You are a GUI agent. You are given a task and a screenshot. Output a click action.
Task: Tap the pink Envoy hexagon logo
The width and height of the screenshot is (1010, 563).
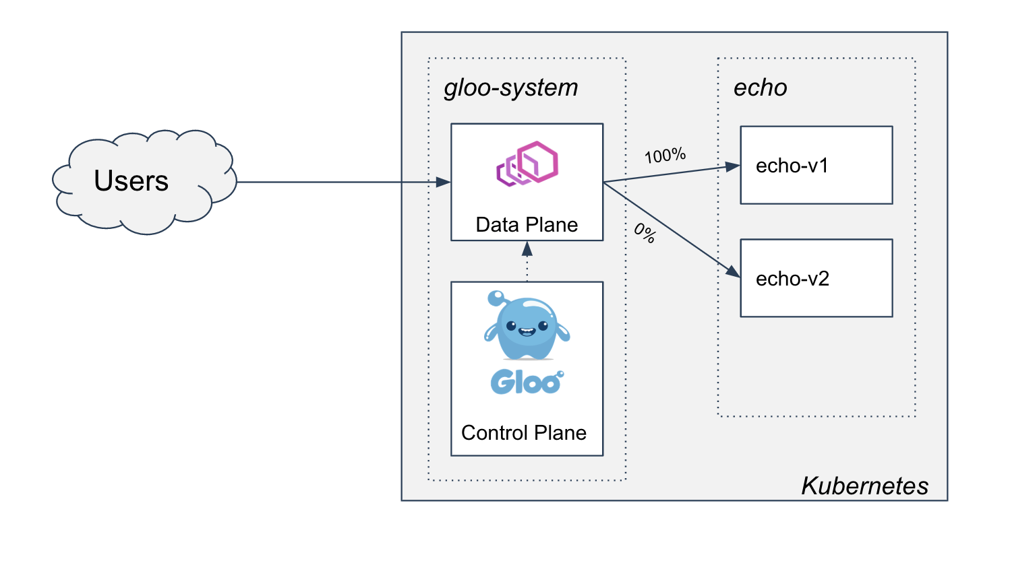pyautogui.click(x=527, y=164)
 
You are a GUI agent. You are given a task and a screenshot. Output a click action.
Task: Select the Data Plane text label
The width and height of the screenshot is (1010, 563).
pyautogui.click(x=527, y=225)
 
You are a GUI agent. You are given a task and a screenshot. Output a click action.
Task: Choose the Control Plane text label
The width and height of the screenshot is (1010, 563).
pyautogui.click(x=524, y=432)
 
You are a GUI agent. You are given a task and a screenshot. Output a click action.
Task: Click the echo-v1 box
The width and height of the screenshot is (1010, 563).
pyautogui.click(x=816, y=165)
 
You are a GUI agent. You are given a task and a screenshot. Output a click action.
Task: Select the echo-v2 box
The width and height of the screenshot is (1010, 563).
pyautogui.click(x=816, y=278)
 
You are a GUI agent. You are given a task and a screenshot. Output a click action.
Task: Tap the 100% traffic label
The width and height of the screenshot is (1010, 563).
pyautogui.click(x=665, y=156)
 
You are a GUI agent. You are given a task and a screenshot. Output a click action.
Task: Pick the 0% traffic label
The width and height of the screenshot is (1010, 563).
pyautogui.click(x=645, y=234)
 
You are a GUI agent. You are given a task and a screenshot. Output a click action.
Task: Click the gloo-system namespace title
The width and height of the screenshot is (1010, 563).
pyautogui.click(x=511, y=88)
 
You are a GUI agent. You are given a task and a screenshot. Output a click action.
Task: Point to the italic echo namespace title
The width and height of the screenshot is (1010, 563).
pyautogui.click(x=760, y=88)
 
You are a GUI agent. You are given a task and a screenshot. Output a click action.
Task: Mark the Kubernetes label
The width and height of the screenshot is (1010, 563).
pyautogui.click(x=864, y=486)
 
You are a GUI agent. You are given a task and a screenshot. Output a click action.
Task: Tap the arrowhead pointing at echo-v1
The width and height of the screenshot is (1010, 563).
pyautogui.click(x=732, y=166)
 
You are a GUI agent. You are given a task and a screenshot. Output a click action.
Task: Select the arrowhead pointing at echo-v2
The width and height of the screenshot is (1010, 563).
pyautogui.click(x=732, y=271)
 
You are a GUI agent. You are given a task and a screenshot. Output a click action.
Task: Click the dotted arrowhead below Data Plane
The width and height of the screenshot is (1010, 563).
pyautogui.click(x=527, y=249)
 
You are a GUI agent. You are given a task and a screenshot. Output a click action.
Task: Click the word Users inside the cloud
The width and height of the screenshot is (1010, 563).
pyautogui.click(x=131, y=180)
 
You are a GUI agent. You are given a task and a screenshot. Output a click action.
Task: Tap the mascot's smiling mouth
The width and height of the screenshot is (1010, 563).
pyautogui.click(x=526, y=331)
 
